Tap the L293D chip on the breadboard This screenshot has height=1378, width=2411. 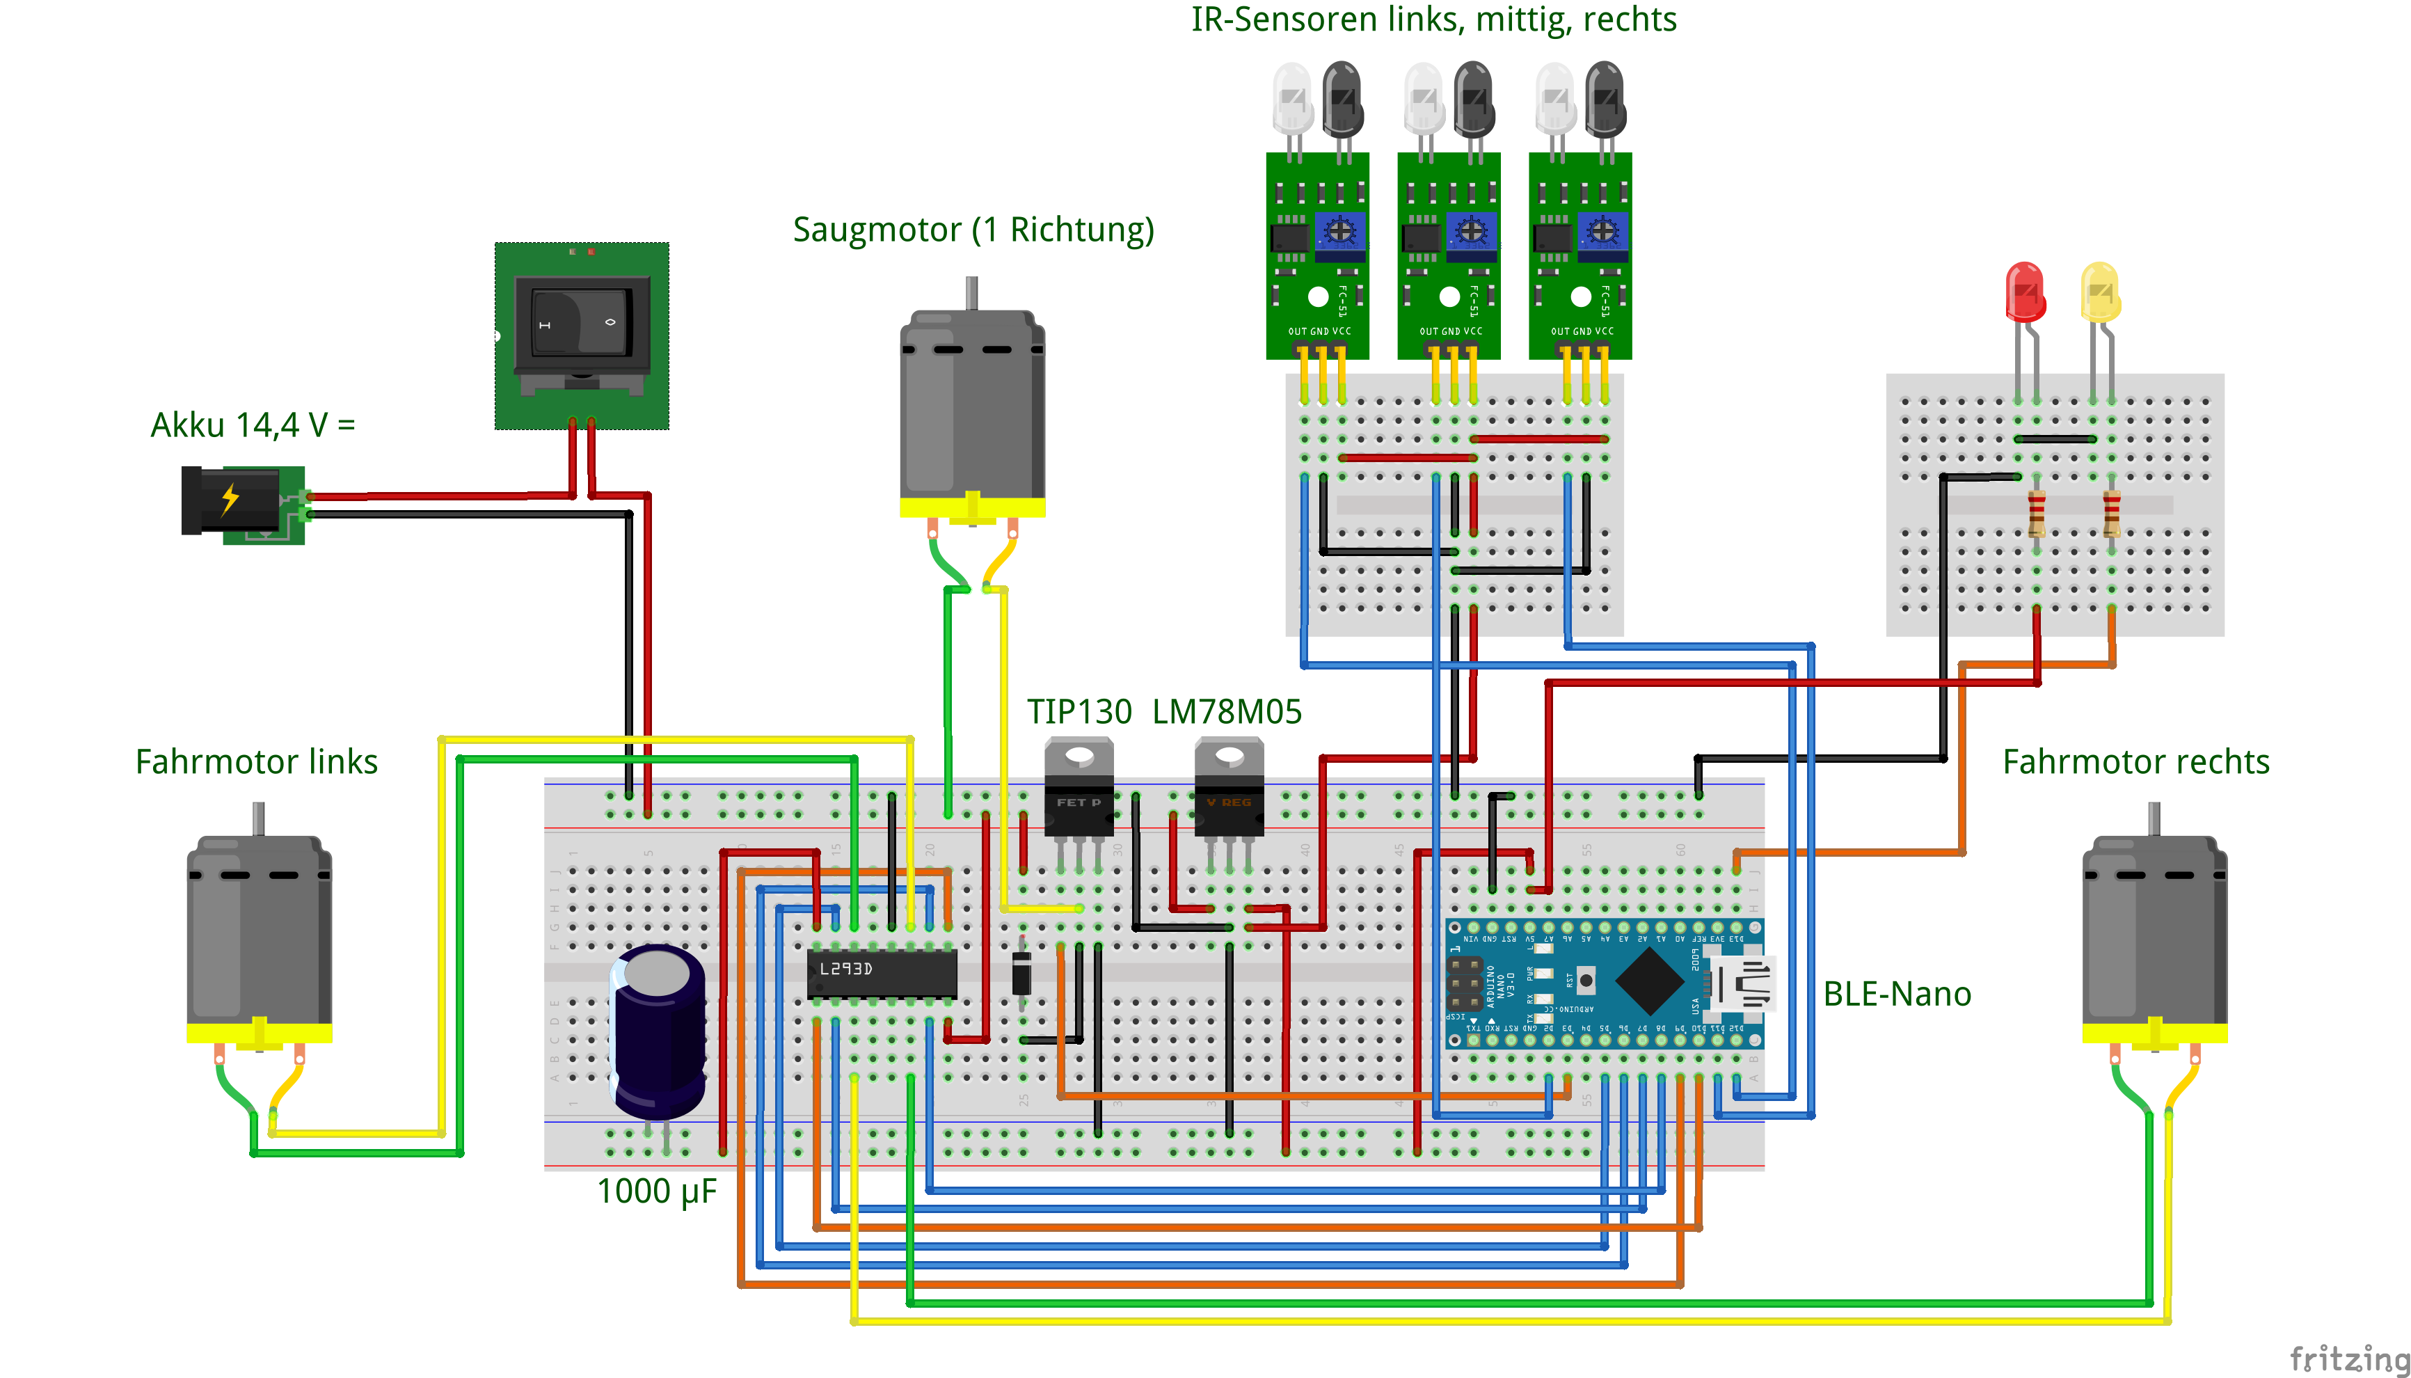[x=881, y=972]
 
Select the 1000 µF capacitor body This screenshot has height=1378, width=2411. [x=658, y=1031]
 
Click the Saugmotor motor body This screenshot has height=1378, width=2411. [x=972, y=407]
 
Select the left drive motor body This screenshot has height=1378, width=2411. [x=260, y=932]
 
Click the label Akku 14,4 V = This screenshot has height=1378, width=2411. [x=253, y=425]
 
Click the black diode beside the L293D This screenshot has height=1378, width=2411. [x=1022, y=972]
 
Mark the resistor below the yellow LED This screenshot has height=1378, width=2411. [x=2111, y=513]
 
